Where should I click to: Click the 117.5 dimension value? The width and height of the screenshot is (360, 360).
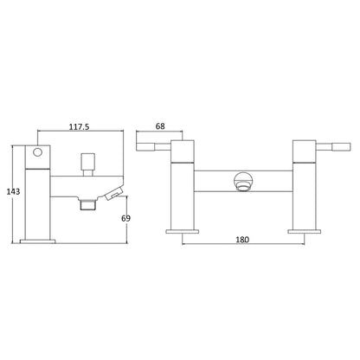tap(79, 126)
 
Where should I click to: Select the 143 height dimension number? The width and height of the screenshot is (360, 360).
tap(13, 191)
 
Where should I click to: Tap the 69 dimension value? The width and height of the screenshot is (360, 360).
tap(125, 218)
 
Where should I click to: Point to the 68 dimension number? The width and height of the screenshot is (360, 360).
tap(160, 126)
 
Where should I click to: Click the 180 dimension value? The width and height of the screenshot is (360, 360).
tap(242, 240)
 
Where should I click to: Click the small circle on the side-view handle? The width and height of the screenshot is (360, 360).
tap(37, 151)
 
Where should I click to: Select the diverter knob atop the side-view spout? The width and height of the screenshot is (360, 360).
tap(87, 164)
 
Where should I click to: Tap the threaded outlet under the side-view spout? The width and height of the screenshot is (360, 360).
tap(87, 204)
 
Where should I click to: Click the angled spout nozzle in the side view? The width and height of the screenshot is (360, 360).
tap(114, 193)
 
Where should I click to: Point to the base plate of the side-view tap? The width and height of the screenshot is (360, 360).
tap(37, 241)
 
